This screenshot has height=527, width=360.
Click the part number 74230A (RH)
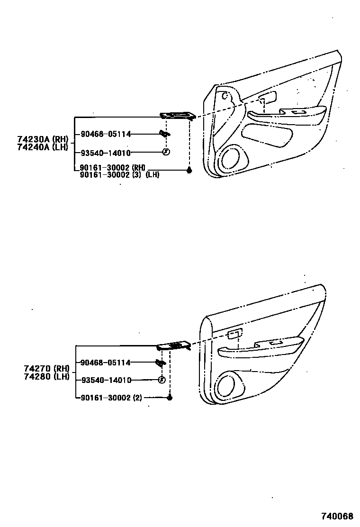point(43,139)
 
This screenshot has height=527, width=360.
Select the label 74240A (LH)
point(43,147)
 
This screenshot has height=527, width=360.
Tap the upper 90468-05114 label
point(106,134)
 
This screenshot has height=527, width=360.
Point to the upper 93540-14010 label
point(106,153)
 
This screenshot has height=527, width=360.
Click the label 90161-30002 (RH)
point(113,168)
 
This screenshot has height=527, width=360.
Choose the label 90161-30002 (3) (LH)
point(119,174)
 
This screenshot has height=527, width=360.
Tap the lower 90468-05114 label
point(106,363)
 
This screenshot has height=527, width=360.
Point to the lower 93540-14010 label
point(106,380)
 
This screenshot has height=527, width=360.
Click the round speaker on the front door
point(230,158)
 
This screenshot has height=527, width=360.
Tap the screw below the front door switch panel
point(189,170)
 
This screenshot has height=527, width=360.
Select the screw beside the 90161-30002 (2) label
point(170,397)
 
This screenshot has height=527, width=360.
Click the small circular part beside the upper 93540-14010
point(165,152)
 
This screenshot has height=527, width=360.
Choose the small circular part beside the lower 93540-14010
point(161,380)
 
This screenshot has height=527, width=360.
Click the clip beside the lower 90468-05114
point(161,363)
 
